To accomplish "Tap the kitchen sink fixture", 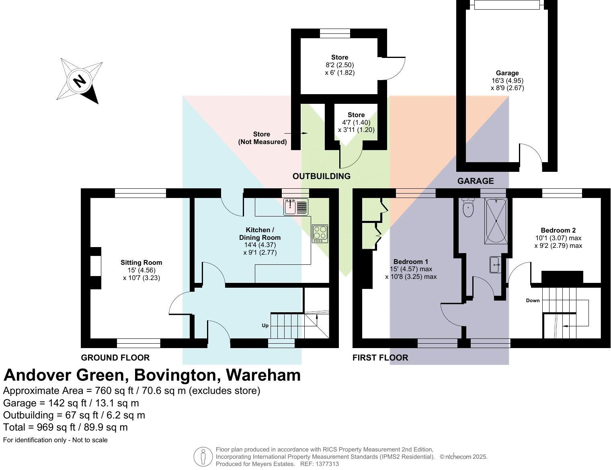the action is point(296,207).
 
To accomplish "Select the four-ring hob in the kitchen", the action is point(320,234).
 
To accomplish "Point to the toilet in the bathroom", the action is point(468,208).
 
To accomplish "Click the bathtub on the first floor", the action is point(496,221).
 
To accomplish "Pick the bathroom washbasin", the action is point(496,264).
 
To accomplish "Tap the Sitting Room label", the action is point(141,263).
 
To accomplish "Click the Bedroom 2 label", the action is point(558,230).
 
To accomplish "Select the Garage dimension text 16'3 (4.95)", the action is point(508,80).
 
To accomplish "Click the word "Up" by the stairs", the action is point(265,326).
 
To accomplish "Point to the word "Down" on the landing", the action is point(533,301).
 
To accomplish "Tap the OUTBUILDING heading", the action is point(322,176).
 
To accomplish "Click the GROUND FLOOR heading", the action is point(115,358).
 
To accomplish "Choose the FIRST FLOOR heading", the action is point(380,358).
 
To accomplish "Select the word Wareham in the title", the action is point(263,375).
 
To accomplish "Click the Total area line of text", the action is point(65,427).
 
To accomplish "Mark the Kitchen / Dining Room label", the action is point(260,234).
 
